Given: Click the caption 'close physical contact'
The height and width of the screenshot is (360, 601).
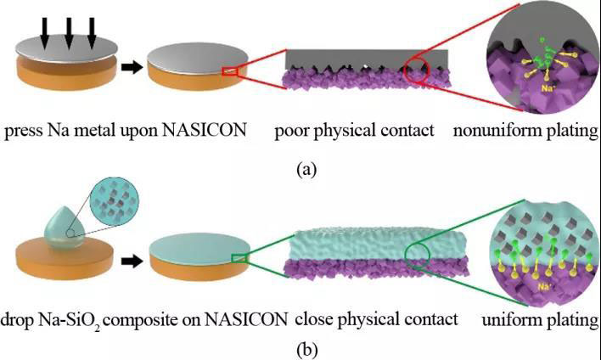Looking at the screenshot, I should (377, 319).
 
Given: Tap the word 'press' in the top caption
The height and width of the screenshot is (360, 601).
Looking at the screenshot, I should (23, 133).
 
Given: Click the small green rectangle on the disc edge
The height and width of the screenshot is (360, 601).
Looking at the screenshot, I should (241, 258).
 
